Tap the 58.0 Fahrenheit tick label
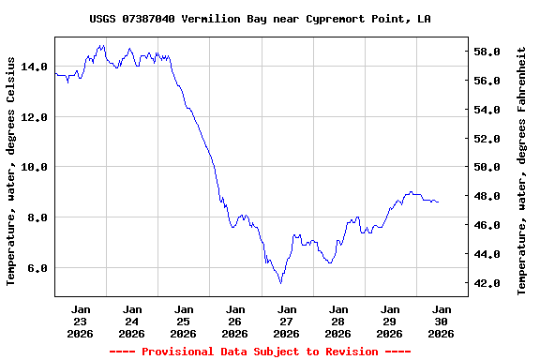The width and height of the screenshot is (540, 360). (492, 52)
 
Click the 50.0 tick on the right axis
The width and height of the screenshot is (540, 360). (492, 167)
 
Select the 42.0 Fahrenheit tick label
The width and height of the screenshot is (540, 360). (492, 283)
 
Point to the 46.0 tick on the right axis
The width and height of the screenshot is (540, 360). (492, 225)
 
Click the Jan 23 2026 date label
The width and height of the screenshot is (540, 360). (81, 321)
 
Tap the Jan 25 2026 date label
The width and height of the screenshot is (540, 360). (184, 321)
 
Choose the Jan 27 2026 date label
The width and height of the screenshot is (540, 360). (287, 321)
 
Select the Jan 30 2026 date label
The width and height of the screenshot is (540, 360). (441, 321)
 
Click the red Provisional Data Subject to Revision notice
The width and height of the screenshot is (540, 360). (260, 352)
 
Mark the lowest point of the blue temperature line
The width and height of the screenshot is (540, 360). (280, 282)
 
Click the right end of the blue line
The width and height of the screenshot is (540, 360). (438, 202)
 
